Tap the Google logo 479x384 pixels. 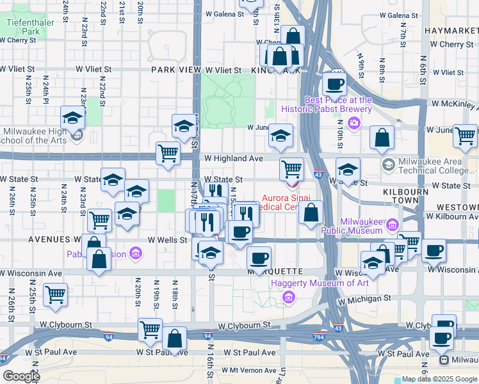20,376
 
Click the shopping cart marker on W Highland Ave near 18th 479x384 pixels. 168,153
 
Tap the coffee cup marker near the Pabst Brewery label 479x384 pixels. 334,83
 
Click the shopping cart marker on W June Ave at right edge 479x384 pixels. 465,135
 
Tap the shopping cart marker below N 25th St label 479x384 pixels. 56,295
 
